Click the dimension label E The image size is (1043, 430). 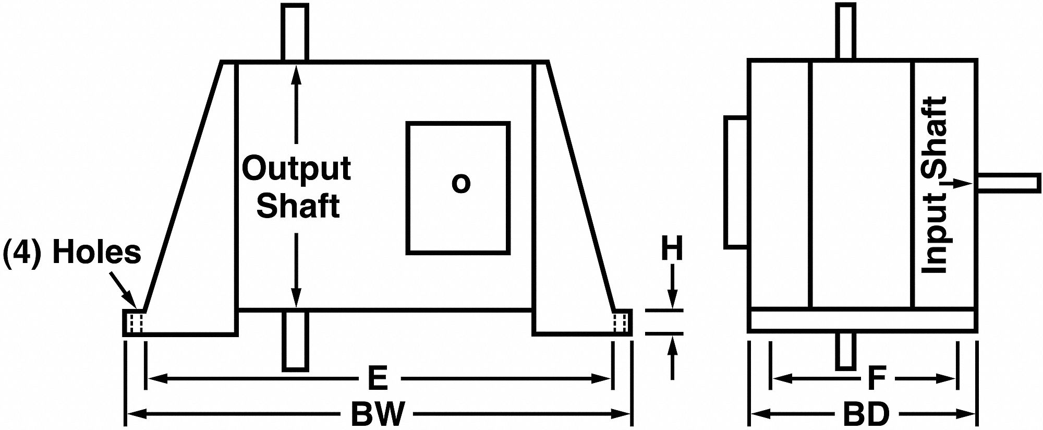(378, 379)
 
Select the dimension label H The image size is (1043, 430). (672, 249)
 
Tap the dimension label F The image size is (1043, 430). (877, 379)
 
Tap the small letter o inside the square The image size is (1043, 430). (460, 183)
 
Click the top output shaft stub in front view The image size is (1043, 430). (295, 32)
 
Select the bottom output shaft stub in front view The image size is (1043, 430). (295, 341)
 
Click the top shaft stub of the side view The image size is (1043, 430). (846, 31)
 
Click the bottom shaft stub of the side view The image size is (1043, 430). (846, 351)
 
